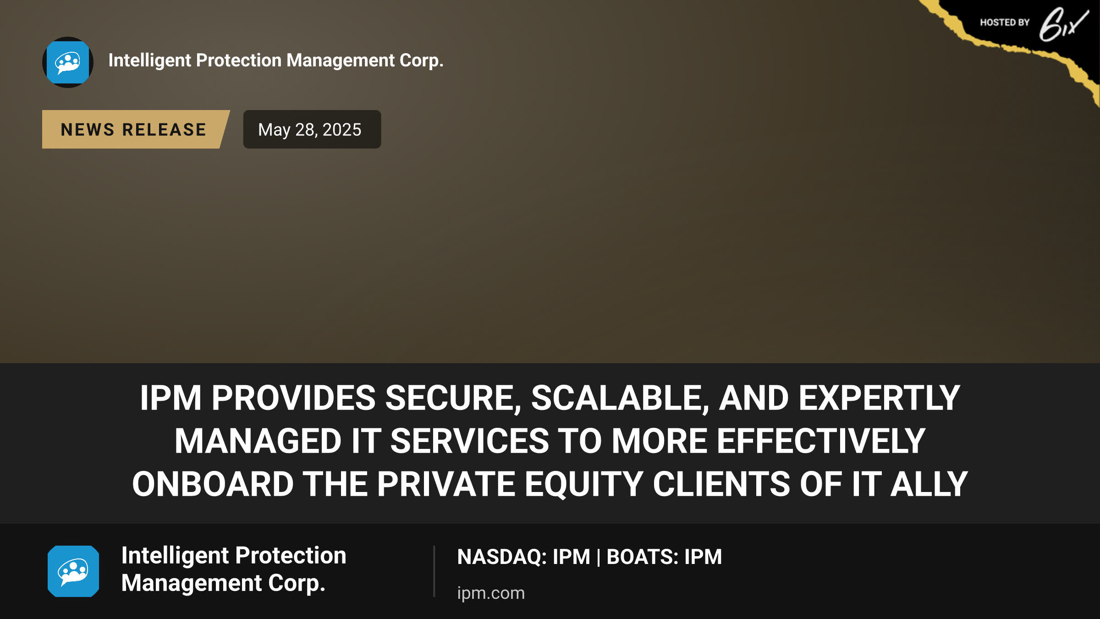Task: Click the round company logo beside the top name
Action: [x=68, y=62]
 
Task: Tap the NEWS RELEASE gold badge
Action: [x=136, y=129]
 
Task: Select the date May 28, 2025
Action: [x=310, y=130]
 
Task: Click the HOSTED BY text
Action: [x=1005, y=22]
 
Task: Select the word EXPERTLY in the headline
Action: [x=879, y=398]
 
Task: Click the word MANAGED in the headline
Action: [x=258, y=441]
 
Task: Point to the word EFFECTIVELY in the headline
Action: [x=821, y=441]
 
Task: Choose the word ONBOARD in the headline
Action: [x=213, y=484]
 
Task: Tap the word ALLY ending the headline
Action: [x=929, y=484]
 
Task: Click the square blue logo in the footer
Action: [x=73, y=571]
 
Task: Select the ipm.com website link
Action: [x=491, y=593]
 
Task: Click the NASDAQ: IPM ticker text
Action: [x=523, y=557]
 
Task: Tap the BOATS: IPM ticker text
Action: [x=664, y=557]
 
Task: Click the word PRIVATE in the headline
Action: [x=446, y=484]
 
